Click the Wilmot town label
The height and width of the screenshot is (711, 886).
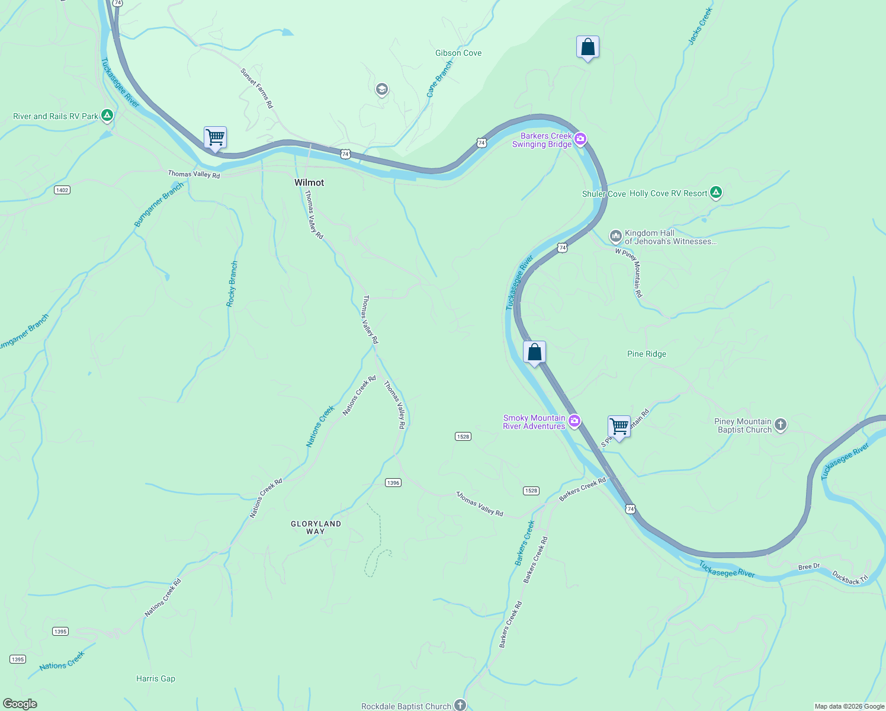[309, 182]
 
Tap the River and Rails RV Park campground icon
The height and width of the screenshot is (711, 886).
[107, 116]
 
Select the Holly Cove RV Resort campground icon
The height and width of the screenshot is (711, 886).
[716, 193]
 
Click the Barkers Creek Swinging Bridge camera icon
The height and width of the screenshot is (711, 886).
[580, 139]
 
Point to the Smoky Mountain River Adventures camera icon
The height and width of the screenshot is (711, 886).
[574, 421]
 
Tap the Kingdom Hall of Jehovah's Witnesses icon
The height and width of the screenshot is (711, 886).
[615, 236]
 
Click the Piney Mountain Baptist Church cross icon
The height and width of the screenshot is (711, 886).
[781, 424]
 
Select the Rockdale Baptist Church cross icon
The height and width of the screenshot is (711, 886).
[460, 705]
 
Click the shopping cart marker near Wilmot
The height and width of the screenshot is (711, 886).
[216, 137]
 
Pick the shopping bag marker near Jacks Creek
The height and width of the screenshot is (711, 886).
[588, 47]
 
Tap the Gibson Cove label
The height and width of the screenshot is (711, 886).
[458, 53]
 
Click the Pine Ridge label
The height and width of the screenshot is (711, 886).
[646, 354]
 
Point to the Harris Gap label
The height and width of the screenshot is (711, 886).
[156, 678]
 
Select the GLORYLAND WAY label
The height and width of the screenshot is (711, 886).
[316, 527]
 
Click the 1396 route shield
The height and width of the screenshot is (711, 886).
[393, 482]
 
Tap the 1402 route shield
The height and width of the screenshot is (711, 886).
[62, 190]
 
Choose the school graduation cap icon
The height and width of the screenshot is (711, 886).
[382, 89]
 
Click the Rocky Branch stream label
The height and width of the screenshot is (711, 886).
[232, 284]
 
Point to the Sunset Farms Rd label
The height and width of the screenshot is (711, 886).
[257, 88]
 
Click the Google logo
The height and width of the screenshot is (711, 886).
[20, 704]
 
